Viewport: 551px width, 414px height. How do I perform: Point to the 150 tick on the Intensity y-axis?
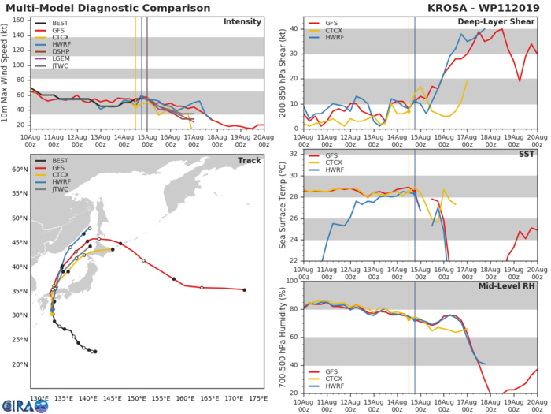20,22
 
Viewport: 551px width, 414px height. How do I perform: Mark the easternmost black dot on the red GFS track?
245,290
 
